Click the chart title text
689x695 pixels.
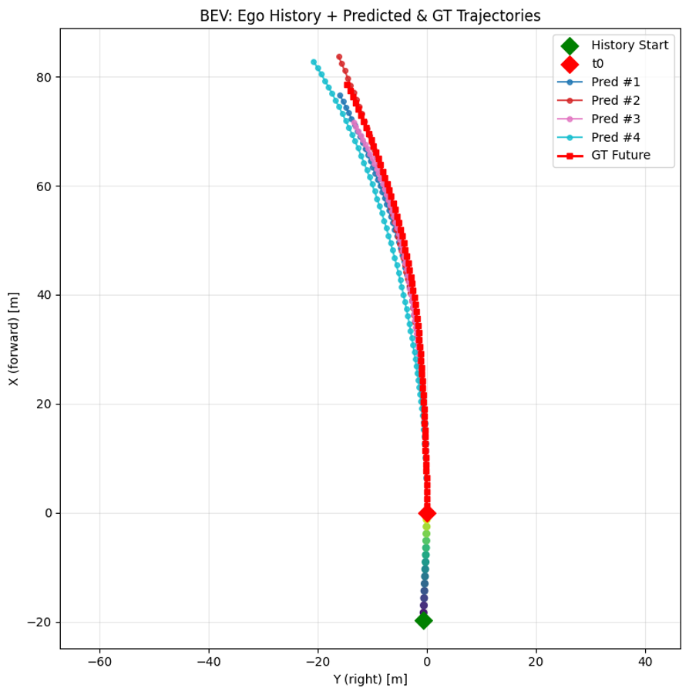370,15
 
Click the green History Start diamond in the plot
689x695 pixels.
423,621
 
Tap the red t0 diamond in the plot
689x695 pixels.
427,513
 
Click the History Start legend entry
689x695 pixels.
629,45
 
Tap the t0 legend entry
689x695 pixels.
597,64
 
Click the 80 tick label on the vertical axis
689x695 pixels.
44,77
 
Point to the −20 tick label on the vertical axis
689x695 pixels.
41,622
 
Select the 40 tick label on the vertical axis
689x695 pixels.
44,295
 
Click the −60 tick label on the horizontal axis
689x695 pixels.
99,662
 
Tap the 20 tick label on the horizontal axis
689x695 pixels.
536,662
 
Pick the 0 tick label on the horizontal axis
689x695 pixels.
427,662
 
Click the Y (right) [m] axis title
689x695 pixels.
370,679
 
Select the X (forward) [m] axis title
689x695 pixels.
14,339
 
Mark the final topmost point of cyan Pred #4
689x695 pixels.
314,62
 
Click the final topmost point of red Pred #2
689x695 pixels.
339,57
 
